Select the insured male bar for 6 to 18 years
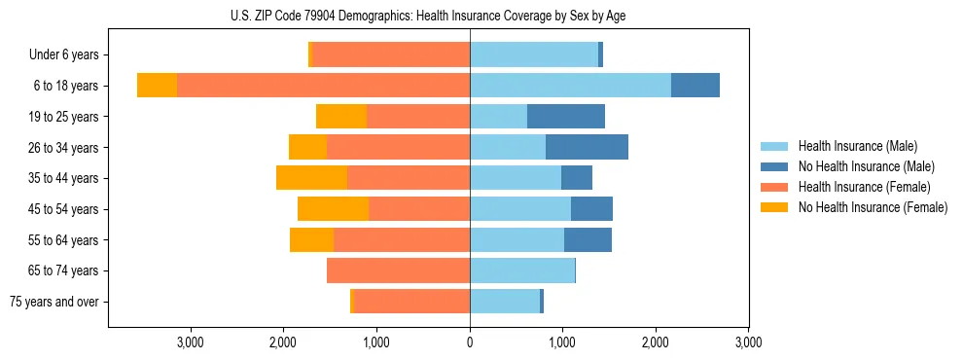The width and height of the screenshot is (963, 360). (570, 86)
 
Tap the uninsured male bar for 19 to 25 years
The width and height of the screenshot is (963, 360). (565, 117)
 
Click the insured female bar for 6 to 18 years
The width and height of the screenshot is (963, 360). (323, 86)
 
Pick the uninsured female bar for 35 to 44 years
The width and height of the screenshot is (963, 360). (311, 178)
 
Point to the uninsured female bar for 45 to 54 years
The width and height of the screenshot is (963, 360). (333, 209)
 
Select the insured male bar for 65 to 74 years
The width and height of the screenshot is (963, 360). (522, 270)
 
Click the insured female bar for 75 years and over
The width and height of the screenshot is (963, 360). (411, 302)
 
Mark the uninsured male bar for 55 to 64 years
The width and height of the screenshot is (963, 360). (588, 239)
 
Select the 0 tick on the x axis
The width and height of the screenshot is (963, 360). (470, 342)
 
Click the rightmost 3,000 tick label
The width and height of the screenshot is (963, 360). (748, 342)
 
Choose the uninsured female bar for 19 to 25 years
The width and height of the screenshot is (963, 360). (341, 117)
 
